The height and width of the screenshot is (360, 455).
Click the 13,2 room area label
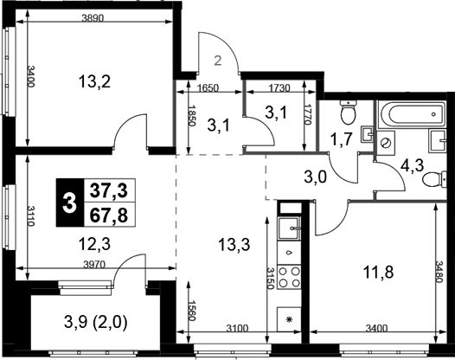pyautogui.click(x=94, y=82)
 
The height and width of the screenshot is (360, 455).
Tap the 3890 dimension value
pyautogui.click(x=93, y=18)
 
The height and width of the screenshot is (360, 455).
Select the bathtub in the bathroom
pyautogui.click(x=411, y=114)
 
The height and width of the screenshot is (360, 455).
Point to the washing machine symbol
pyautogui.click(x=386, y=142)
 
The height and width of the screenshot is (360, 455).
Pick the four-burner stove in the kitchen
pyautogui.click(x=290, y=277)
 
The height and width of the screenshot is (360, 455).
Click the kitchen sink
pyautogui.click(x=290, y=228)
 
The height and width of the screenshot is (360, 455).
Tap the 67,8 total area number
pyautogui.click(x=109, y=215)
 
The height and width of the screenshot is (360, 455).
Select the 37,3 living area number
pyautogui.click(x=109, y=190)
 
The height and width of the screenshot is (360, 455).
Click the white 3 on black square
pyautogui.click(x=70, y=202)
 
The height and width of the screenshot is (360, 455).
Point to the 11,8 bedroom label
pyautogui.click(x=378, y=273)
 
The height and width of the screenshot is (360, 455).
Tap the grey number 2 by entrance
pyautogui.click(x=218, y=61)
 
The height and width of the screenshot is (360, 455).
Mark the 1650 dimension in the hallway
pyautogui.click(x=208, y=88)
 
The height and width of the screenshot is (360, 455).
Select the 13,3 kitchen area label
pyautogui.click(x=234, y=244)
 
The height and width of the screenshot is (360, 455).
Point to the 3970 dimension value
pyautogui.click(x=93, y=264)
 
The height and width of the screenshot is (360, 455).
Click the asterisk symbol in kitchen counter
pyautogui.click(x=289, y=319)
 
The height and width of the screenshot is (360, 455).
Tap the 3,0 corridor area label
pyautogui.click(x=316, y=177)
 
